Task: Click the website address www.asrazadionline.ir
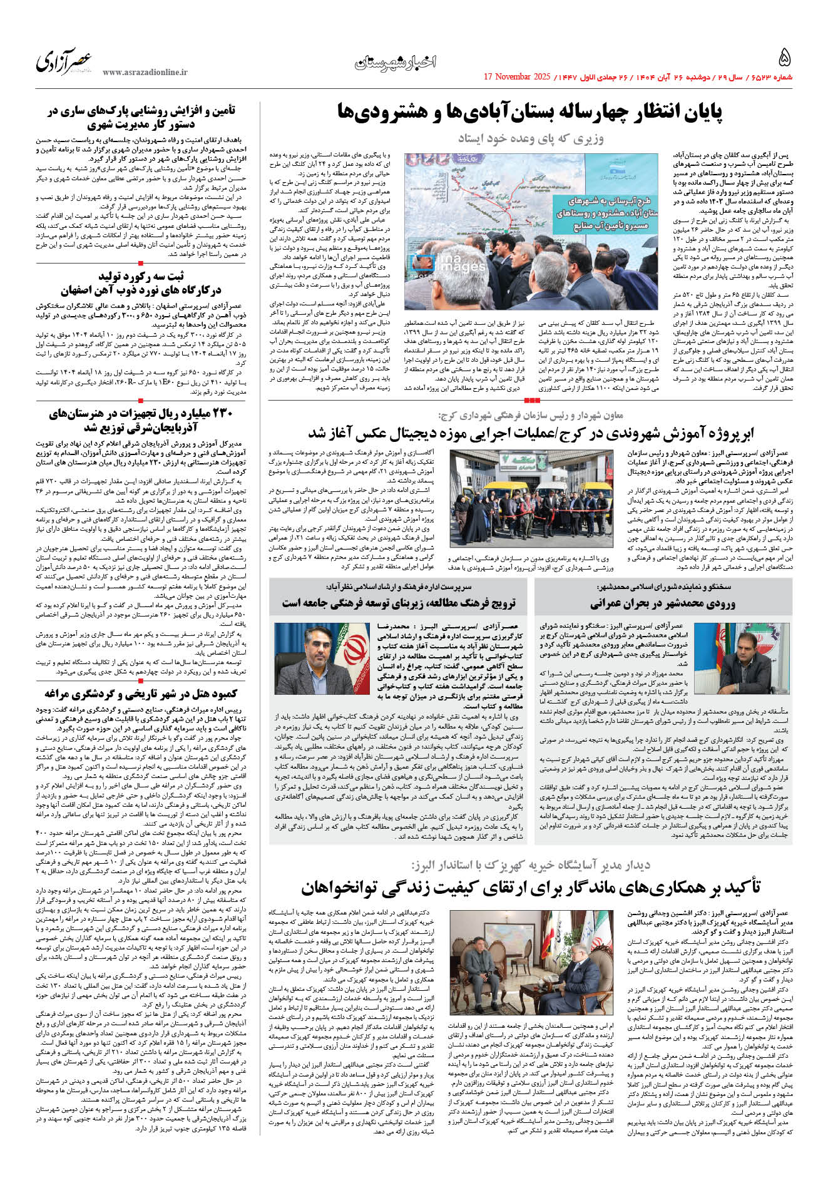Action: tap(145, 73)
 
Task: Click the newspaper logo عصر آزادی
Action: tap(64, 61)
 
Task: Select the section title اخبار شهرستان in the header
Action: tap(395, 62)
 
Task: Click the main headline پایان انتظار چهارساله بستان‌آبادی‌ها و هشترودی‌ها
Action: tap(529, 113)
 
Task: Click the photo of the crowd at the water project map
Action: tap(530, 231)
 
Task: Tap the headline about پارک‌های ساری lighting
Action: tap(141, 118)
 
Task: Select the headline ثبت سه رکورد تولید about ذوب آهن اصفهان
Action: tap(141, 283)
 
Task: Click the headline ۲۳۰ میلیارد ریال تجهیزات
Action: tap(141, 421)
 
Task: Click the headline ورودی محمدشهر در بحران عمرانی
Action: tap(662, 603)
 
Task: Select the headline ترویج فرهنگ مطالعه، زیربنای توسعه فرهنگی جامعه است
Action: tap(399, 603)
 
